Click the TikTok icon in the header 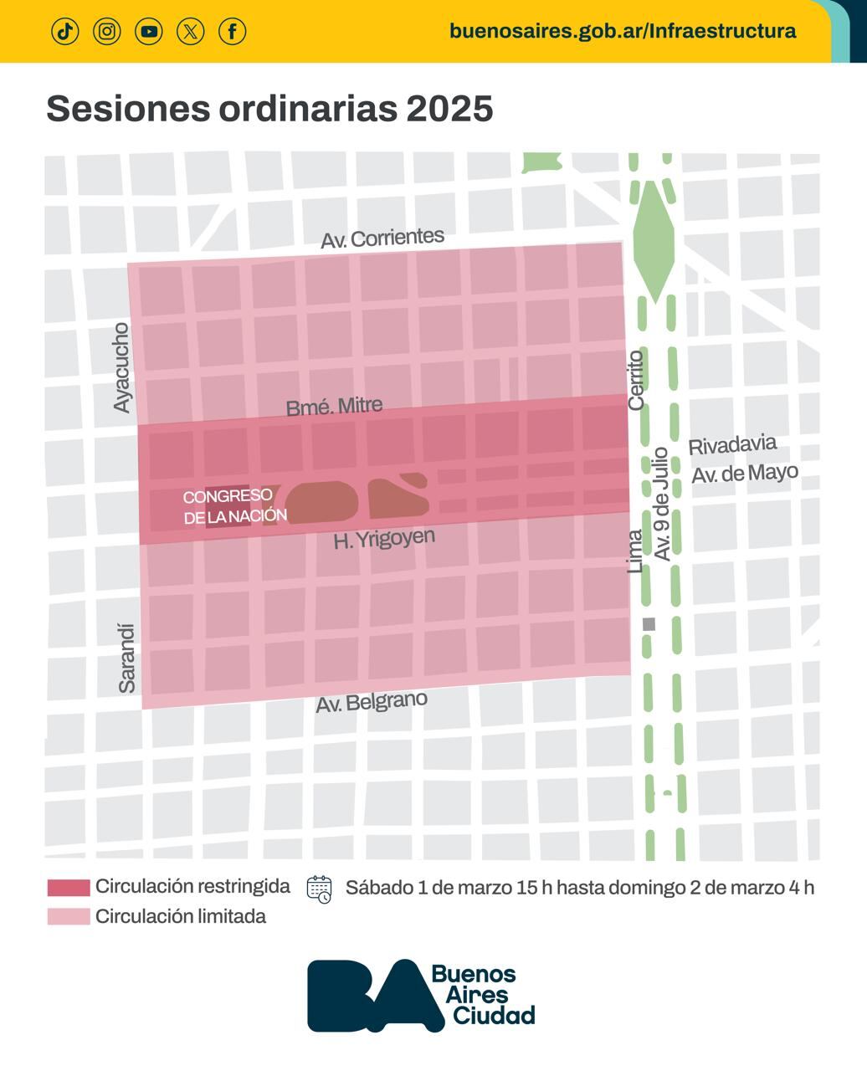coord(65,32)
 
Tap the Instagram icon coord(107,32)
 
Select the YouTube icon coord(149,32)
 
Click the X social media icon coord(191,32)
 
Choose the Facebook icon coord(233,32)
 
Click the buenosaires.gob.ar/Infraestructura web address coord(623,31)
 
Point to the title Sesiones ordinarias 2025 coord(269,109)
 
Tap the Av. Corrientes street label coord(382,238)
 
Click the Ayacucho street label coord(122,367)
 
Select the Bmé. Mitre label coord(334,407)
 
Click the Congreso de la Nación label coord(234,506)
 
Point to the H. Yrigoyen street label coord(384,538)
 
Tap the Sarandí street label coord(127,658)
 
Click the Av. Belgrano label coord(372,702)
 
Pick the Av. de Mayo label coord(744,474)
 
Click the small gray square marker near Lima coord(649,624)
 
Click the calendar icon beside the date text coord(320,889)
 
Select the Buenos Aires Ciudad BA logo coord(421,996)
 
